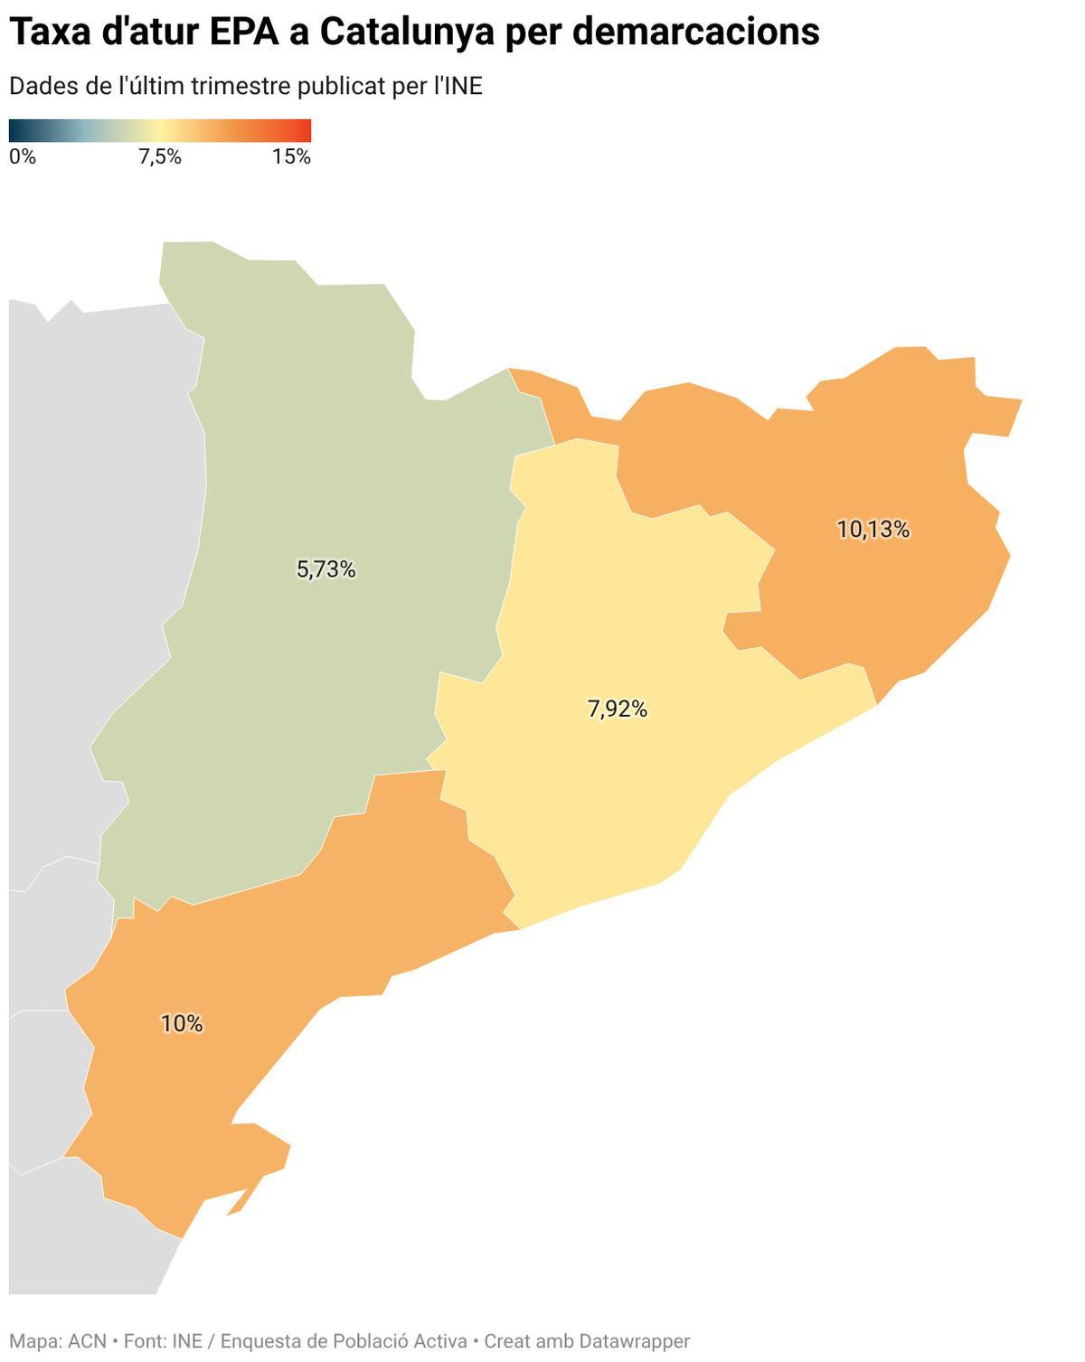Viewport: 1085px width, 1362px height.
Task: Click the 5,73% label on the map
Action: click(325, 569)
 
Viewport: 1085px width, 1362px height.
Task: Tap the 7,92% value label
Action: click(618, 709)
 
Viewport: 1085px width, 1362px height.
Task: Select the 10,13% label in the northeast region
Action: click(873, 530)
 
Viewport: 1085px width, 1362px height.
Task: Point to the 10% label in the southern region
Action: click(182, 1024)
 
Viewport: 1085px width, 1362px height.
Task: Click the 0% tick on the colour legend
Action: click(23, 157)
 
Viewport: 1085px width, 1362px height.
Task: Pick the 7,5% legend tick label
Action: click(160, 157)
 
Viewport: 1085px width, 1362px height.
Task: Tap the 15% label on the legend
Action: click(291, 157)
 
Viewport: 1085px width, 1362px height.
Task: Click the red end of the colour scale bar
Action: click(306, 130)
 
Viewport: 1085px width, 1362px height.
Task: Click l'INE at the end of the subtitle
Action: click(458, 87)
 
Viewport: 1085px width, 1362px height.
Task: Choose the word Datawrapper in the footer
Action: click(634, 1341)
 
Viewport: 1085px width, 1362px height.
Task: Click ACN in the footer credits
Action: click(87, 1341)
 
